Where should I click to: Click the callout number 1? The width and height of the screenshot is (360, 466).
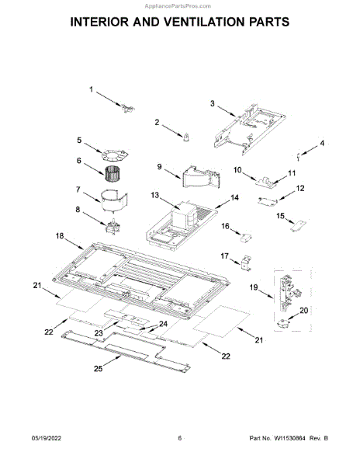tap(92, 89)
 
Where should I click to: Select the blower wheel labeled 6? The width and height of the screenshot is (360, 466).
tap(112, 173)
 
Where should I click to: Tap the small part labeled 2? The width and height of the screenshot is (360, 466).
tap(186, 137)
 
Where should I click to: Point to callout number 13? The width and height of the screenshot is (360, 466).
tap(155, 195)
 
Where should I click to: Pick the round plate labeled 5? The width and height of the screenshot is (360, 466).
tap(114, 155)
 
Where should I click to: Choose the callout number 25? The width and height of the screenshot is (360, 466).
tap(99, 368)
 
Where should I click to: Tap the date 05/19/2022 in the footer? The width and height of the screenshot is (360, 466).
tap(46, 438)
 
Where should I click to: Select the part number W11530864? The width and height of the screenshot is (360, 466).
tap(289, 438)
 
